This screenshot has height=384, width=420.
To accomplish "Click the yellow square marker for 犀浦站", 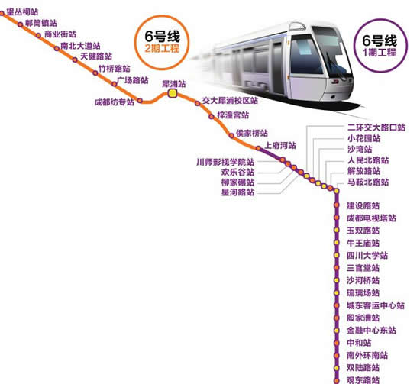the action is coord(173,93).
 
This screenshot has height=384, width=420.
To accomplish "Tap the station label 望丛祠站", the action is coord(22,11).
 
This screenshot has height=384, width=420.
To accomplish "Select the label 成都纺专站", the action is coord(115,102).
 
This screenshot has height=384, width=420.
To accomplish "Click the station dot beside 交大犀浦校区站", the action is coord(198,103).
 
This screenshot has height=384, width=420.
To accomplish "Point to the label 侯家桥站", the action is coord(252,133).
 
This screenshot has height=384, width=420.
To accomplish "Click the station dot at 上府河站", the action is coord(258,148).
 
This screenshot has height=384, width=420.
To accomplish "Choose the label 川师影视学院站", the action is coord(225,162).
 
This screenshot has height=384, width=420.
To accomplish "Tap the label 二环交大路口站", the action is coord(376,127).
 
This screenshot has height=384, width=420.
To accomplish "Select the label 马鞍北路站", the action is coord(368,182).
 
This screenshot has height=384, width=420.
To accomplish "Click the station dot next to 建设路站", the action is coord(337,205).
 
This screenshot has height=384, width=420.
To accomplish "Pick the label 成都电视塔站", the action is coord(371,218).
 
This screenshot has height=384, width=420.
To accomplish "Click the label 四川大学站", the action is coord(367,256).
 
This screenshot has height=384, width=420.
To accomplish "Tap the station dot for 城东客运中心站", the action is coord(337,305).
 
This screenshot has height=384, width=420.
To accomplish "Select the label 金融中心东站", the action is coord(371,330).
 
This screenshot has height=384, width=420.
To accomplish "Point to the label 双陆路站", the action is coord(363,368).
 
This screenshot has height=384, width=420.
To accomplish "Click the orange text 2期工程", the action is coord(162,48).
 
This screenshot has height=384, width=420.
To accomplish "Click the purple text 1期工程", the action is coord(380,52).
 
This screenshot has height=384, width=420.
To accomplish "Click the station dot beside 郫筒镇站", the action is coord(21,24).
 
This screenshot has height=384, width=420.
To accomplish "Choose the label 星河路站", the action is coord(237,192).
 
